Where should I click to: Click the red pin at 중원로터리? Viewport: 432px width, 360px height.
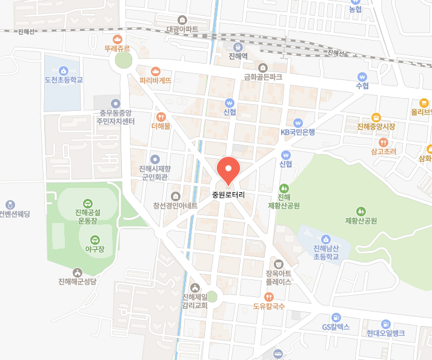click(228, 169)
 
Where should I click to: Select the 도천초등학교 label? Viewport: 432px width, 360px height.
click(64, 79)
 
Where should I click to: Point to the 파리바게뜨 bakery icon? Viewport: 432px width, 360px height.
click(156, 70)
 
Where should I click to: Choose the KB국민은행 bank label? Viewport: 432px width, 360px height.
click(297, 132)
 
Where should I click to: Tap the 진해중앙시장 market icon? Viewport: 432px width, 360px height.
click(376, 116)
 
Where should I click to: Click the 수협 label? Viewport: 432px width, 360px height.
click(362, 86)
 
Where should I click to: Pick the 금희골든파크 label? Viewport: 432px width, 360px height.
click(263, 77)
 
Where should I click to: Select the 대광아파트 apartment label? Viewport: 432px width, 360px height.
click(182, 28)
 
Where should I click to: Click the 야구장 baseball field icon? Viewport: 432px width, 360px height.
click(93, 239)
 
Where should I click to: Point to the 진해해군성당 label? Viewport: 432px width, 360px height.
click(78, 282)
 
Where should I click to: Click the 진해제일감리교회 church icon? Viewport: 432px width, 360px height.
click(194, 287)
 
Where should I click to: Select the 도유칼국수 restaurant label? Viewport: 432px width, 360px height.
click(268, 306)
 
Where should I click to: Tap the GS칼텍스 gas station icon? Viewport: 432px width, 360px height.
click(336, 318)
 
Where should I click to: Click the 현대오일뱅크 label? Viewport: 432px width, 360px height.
click(385, 333)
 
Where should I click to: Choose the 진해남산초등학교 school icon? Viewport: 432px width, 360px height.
click(326, 239)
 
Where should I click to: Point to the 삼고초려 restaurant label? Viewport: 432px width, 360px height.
click(384, 151)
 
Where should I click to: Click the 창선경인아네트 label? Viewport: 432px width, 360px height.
click(175, 205)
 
